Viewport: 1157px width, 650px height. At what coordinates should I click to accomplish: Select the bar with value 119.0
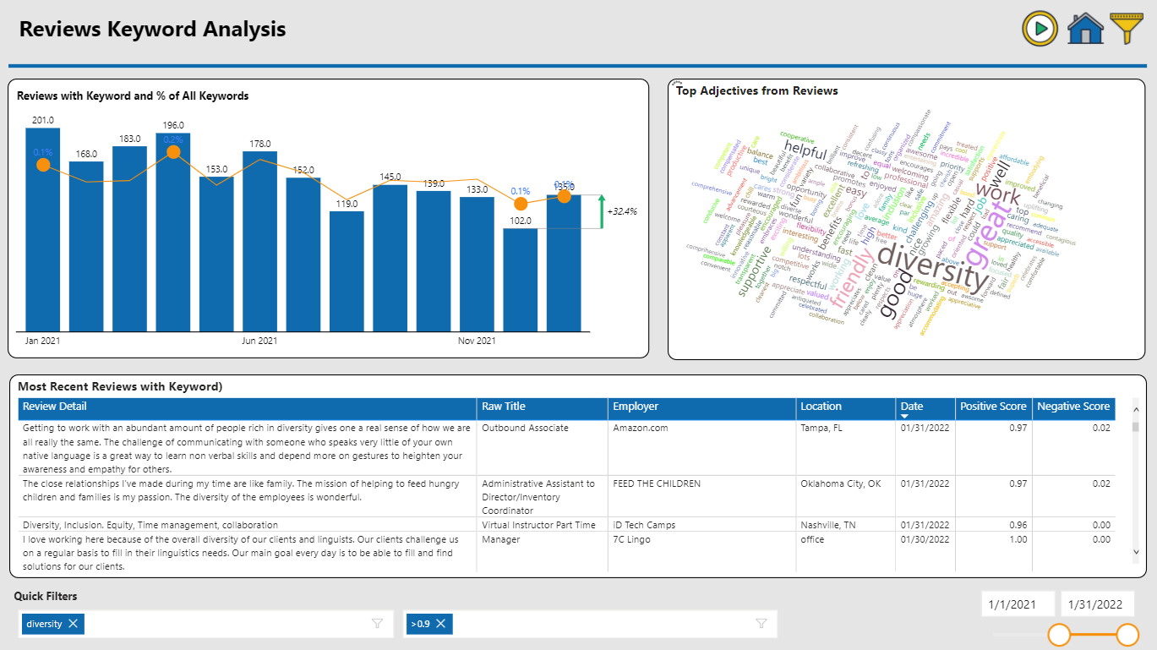347,270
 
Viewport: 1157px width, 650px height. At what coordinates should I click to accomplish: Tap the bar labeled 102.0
520,279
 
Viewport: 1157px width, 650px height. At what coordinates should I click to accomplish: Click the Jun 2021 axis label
259,341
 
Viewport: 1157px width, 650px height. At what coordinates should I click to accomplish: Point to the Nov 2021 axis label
477,341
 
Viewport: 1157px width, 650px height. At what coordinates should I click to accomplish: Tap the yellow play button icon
1040,29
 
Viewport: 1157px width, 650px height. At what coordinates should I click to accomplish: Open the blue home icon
1085,29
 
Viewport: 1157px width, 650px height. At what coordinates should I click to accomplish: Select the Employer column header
636,407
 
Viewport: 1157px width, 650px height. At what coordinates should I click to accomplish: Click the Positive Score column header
993,407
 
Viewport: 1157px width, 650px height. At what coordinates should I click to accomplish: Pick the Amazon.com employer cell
641,428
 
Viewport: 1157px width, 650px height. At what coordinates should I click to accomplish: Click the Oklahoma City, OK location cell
840,483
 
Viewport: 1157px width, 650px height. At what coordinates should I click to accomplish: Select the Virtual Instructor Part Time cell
538,525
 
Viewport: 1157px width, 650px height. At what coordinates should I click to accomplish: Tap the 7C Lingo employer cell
631,539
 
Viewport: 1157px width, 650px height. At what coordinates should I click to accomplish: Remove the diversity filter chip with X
74,624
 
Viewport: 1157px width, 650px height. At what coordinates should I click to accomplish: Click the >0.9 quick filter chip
420,624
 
